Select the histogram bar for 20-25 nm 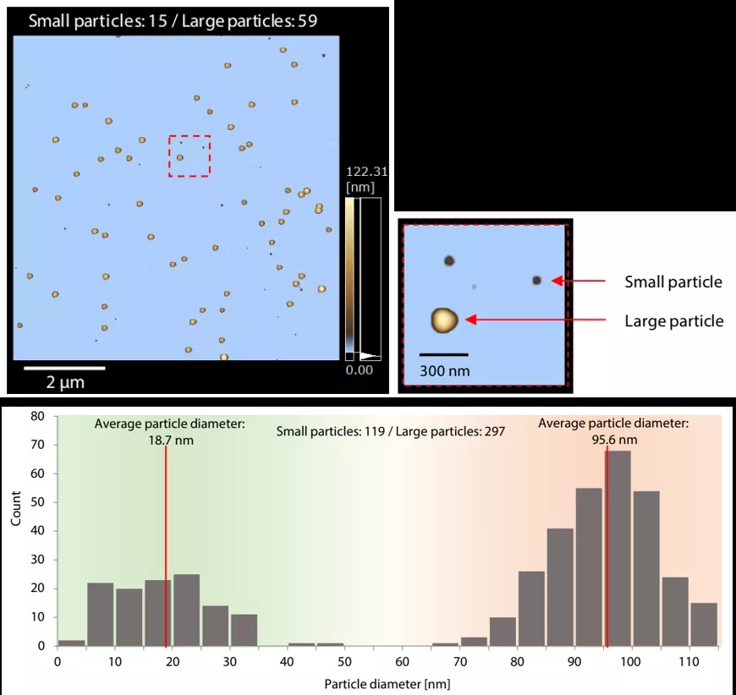[x=186, y=610]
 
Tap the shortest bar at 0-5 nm [x=71, y=643]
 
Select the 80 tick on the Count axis [x=36, y=416]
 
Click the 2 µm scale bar [x=64, y=368]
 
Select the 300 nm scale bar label [x=444, y=370]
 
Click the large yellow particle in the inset [x=444, y=320]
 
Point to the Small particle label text [x=673, y=282]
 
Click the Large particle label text [x=674, y=320]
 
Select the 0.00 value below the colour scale [x=360, y=369]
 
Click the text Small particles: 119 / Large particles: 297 [x=391, y=431]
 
